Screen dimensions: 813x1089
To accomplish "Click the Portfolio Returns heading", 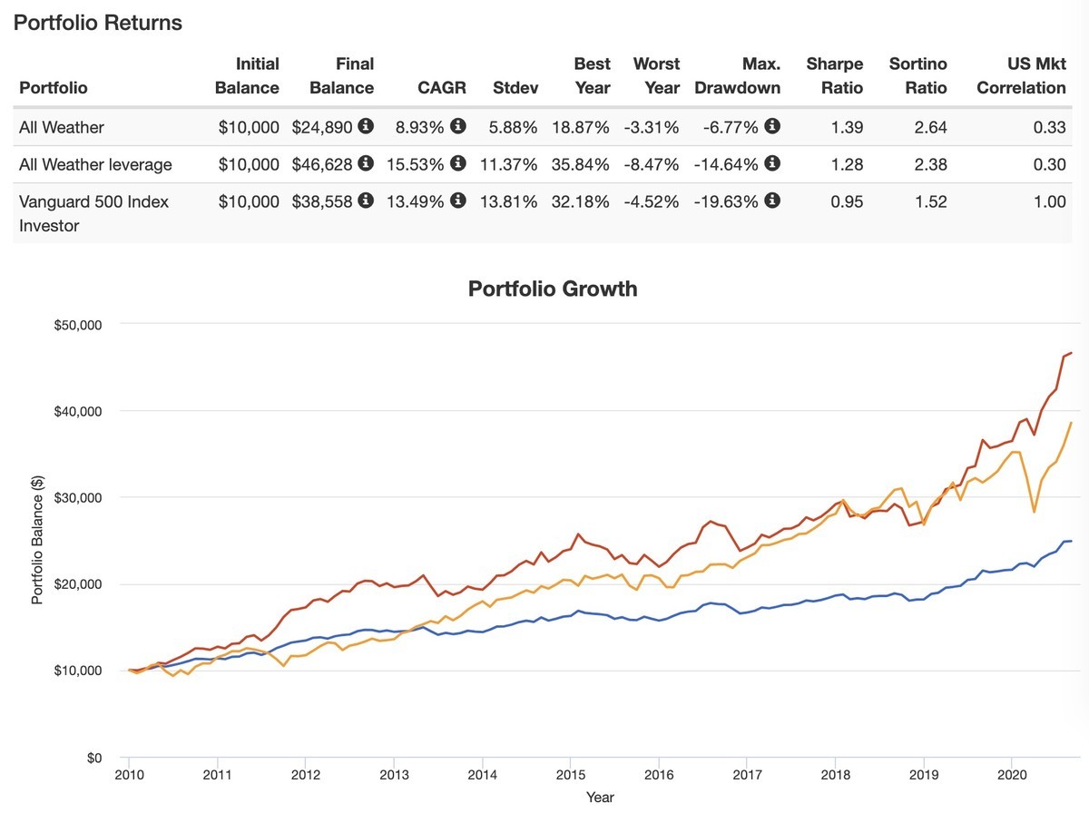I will click(x=98, y=24).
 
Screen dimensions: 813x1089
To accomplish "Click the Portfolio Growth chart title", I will click(x=553, y=289).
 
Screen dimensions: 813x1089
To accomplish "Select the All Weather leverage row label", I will click(x=95, y=164).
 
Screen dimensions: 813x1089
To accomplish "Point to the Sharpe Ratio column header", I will click(x=834, y=76).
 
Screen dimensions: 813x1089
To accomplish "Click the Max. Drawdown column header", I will click(x=737, y=76).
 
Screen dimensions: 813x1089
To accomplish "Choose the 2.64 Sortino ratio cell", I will click(x=930, y=127).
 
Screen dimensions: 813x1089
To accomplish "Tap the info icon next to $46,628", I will click(x=366, y=164).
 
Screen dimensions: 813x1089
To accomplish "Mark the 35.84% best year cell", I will click(x=580, y=164).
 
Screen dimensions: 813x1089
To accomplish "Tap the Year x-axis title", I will click(x=600, y=797).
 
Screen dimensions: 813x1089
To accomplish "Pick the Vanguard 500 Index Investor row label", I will click(x=93, y=213).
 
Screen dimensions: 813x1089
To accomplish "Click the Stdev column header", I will click(x=515, y=88).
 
